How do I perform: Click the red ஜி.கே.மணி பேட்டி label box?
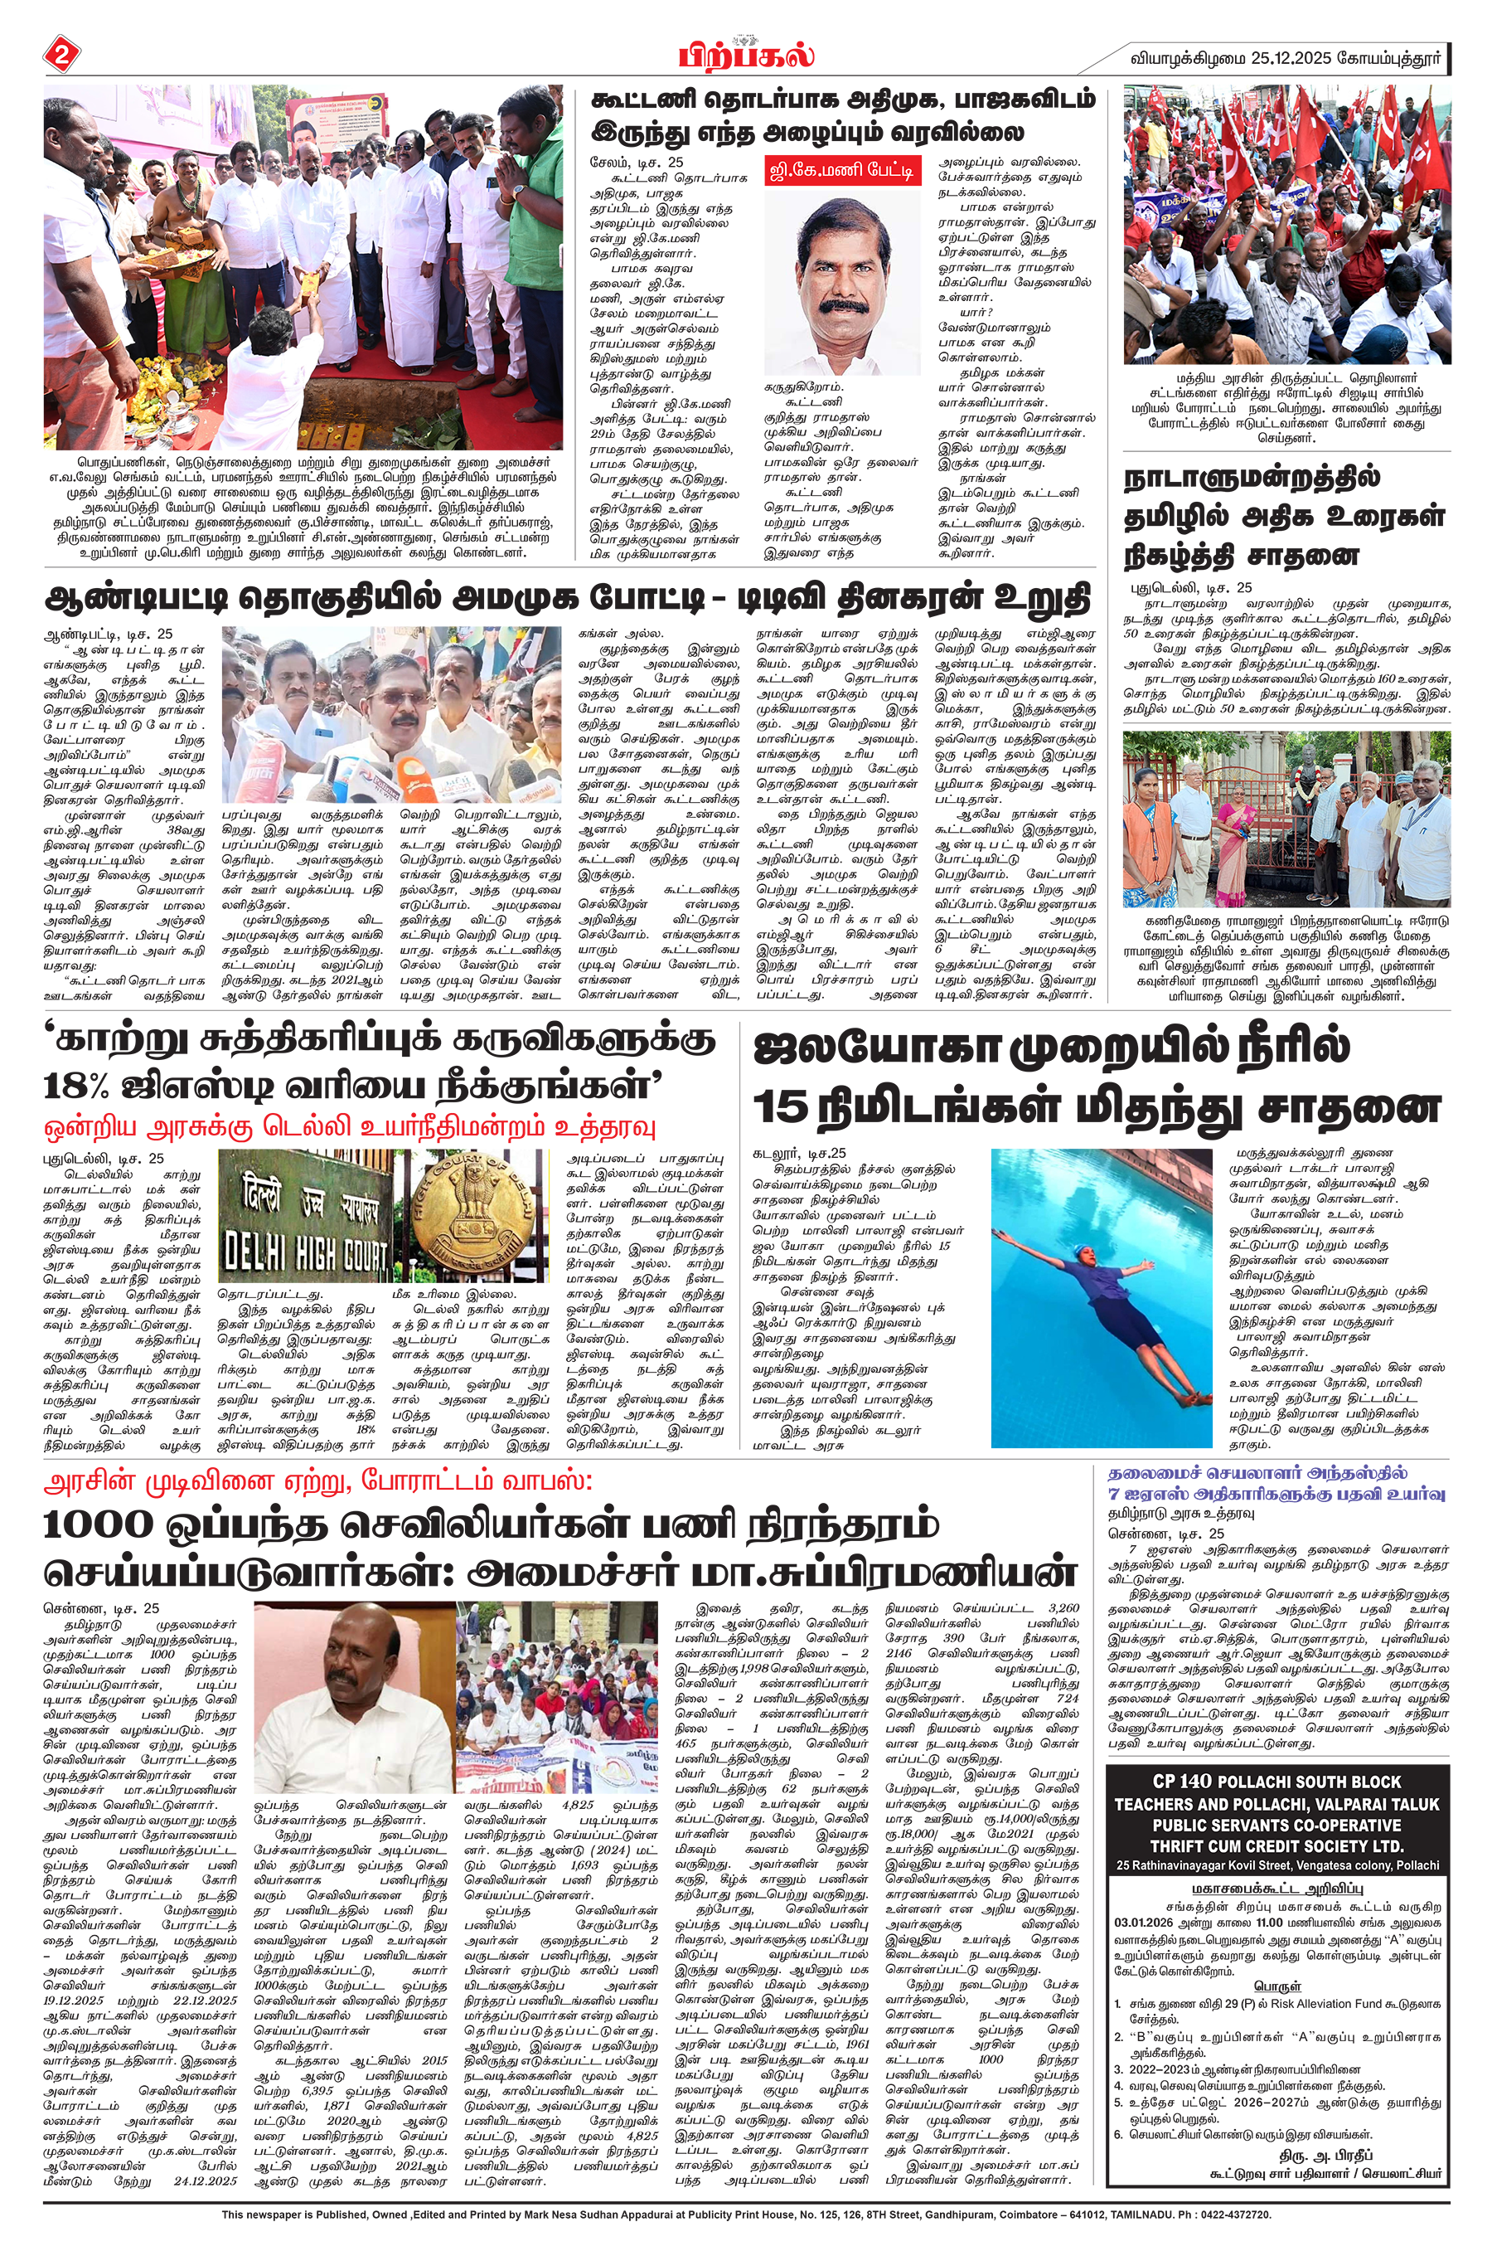(842, 172)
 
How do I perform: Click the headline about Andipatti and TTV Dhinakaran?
(567, 599)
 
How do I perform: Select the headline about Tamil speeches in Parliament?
(1284, 516)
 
